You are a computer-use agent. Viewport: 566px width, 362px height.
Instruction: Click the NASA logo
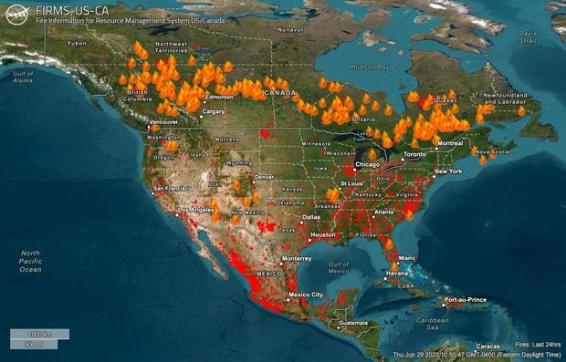coord(16,13)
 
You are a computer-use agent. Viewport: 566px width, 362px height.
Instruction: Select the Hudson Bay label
coord(371,67)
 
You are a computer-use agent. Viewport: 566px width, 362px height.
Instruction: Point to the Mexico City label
coord(305,295)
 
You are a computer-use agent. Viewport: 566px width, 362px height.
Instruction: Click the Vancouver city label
coord(163,121)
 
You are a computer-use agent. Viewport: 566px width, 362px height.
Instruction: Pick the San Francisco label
coord(172,188)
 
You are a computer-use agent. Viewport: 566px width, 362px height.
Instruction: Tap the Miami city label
coord(406,258)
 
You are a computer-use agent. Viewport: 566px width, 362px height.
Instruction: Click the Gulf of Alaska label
coord(23,77)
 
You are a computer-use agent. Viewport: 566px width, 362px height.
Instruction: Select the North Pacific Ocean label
coord(31,261)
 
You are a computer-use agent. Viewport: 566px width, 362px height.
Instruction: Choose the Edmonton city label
coord(220,97)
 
